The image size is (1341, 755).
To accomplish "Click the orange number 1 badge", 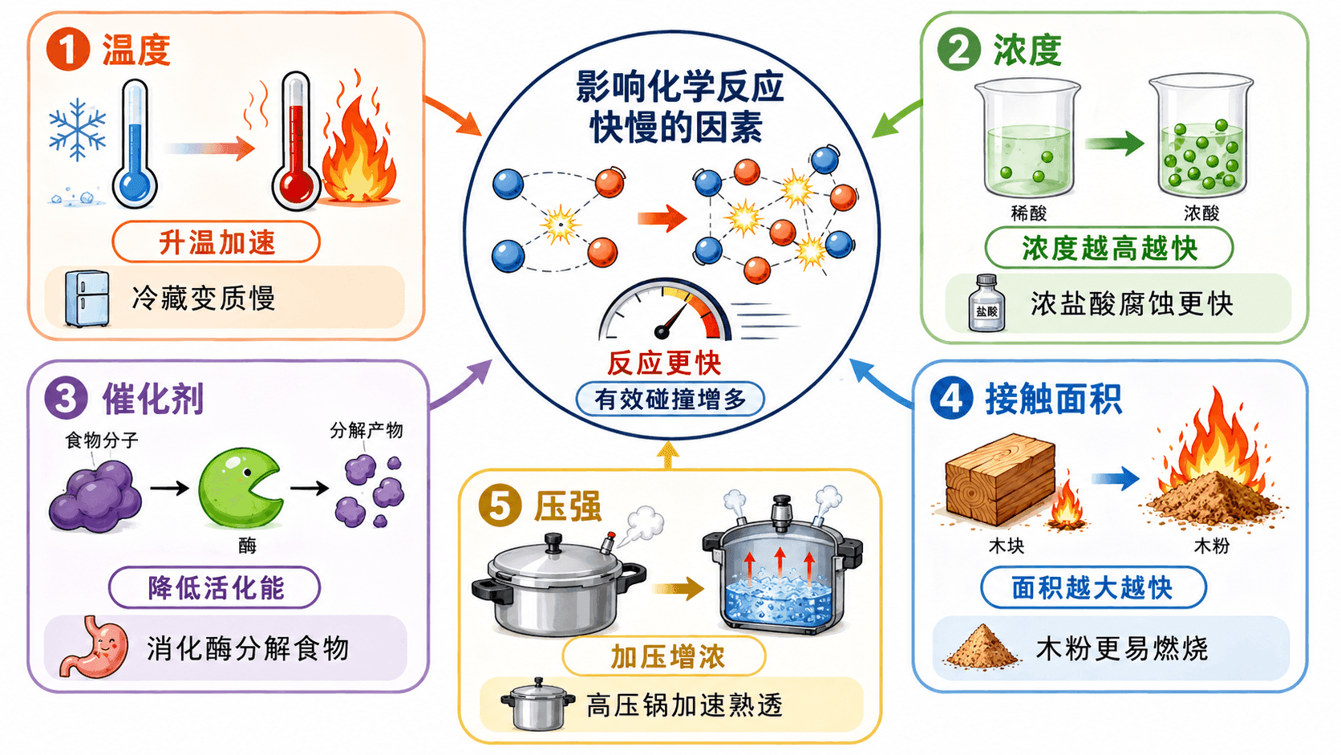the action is (68, 49).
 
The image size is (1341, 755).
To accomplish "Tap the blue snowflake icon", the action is (78, 130).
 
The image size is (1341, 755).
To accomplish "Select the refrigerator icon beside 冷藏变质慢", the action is (87, 298).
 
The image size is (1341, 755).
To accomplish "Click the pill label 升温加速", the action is (216, 242).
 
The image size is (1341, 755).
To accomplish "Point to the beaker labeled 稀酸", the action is (1027, 140).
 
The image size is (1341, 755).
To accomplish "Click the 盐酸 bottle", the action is (986, 303).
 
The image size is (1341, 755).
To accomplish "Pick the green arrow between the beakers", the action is (1114, 143).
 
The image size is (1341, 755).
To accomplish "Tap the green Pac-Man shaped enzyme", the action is (241, 488).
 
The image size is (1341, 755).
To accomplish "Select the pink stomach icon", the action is (94, 647).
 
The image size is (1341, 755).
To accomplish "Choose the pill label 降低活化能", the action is (215, 587).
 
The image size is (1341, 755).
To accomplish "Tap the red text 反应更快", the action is (665, 362).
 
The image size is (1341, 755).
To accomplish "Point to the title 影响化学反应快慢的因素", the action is (679, 107).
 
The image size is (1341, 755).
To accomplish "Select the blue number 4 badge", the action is (951, 398).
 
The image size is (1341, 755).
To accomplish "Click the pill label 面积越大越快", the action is (1093, 587).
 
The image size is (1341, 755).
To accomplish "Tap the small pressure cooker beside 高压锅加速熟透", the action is (537, 704).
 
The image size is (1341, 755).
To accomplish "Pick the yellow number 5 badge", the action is (500, 506).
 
